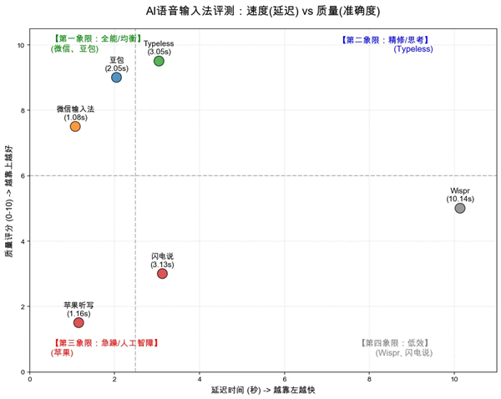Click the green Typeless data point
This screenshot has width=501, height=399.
tap(159, 61)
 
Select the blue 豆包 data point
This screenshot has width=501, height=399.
tap(116, 78)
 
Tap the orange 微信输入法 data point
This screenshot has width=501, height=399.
tap(75, 126)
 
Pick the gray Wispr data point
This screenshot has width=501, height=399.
tap(460, 208)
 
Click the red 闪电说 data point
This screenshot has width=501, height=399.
tap(162, 274)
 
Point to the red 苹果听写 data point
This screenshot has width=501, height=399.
tap(78, 322)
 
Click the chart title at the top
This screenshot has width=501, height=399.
tap(250, 10)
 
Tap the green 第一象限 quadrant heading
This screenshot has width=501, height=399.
tap(97, 38)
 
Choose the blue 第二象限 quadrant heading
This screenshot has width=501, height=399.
tap(386, 39)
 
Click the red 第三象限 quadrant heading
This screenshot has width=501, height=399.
tap(105, 342)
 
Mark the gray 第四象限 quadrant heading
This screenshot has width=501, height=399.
tap(395, 342)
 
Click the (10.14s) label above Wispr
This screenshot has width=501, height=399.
tap(460, 199)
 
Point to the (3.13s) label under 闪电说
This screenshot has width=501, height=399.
tap(162, 265)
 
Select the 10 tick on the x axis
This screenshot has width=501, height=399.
tap(454, 379)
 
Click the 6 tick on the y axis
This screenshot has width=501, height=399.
tap(21, 175)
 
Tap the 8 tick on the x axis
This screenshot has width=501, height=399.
tap(369, 379)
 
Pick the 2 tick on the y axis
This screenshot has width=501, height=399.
tap(21, 306)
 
